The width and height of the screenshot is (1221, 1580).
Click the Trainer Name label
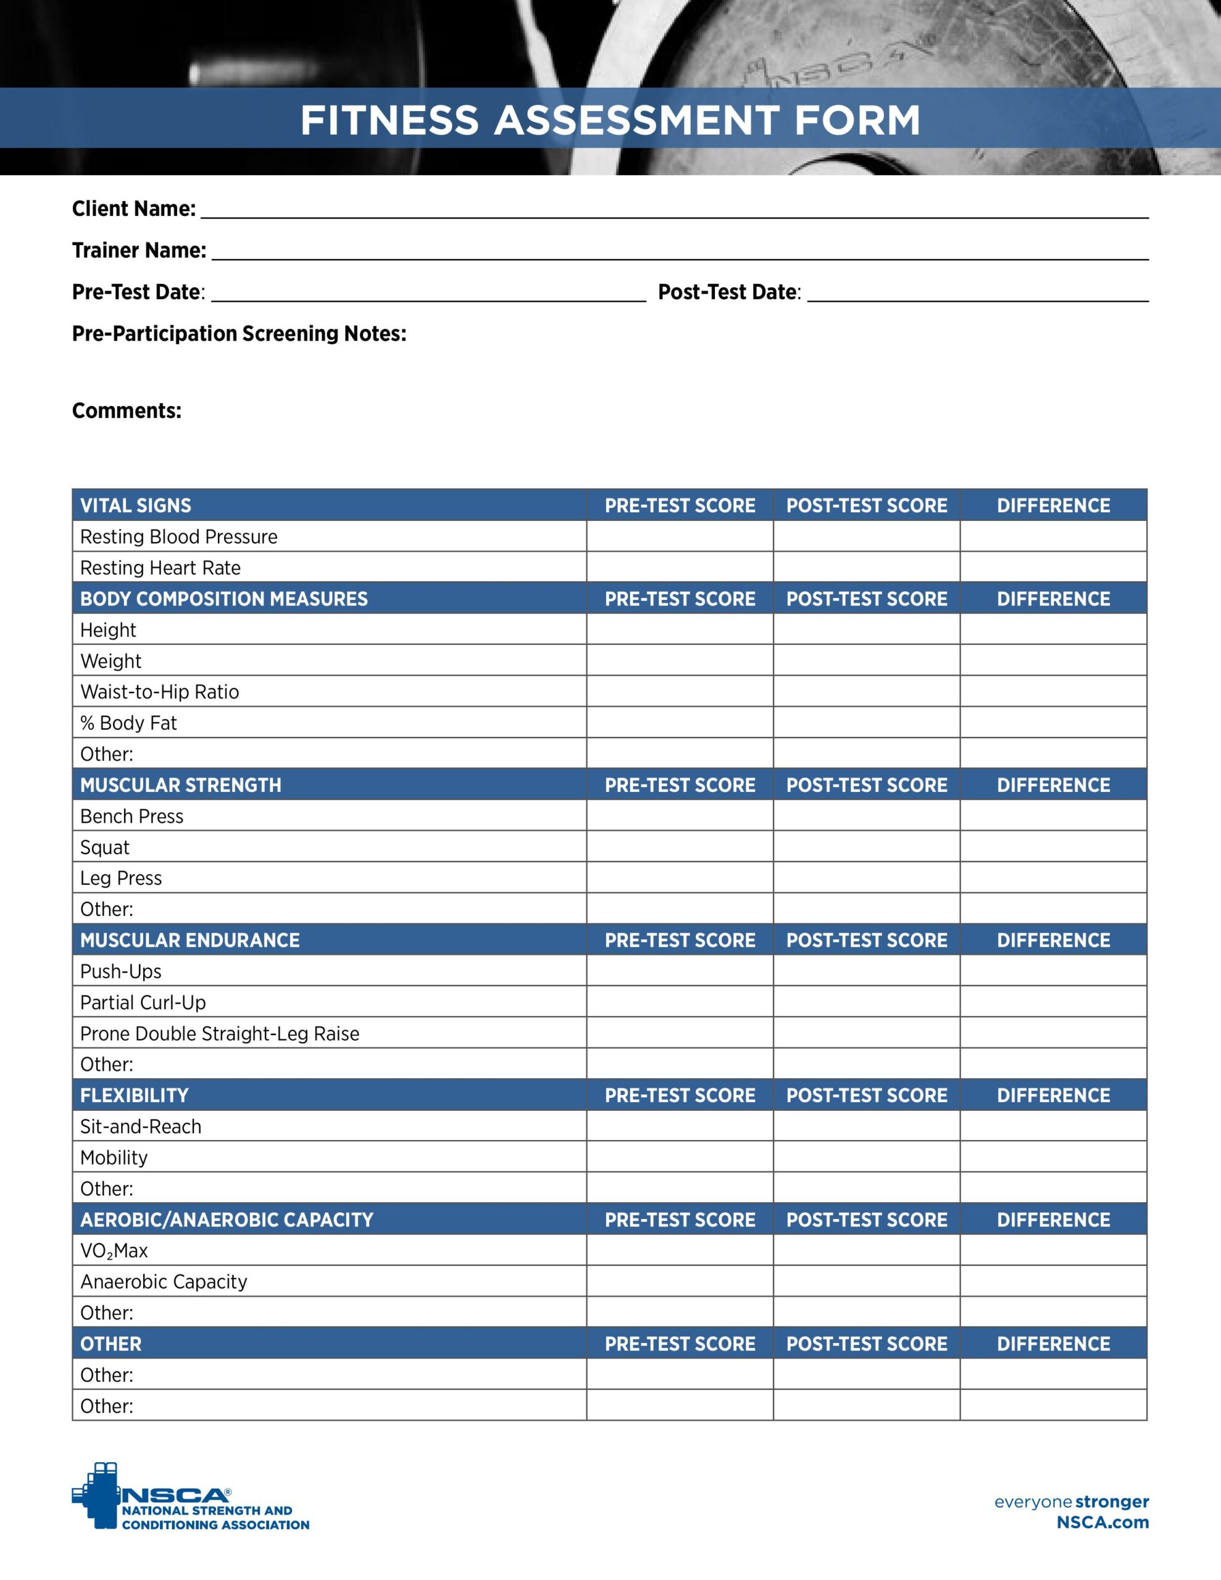click(139, 251)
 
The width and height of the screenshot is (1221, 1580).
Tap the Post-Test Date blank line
click(977, 294)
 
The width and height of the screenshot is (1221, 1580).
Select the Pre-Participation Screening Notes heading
click(239, 333)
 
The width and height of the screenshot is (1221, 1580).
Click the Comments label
click(127, 411)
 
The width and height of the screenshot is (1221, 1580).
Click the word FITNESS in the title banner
click(390, 120)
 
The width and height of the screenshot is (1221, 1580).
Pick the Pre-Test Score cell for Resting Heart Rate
click(679, 568)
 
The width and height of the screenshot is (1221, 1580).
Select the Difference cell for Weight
click(1053, 660)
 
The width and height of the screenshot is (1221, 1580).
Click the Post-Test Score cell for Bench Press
click(866, 816)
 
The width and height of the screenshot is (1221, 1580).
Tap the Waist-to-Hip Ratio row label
click(159, 692)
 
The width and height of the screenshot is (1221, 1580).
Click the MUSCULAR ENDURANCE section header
click(190, 941)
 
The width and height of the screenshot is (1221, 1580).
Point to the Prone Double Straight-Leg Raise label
click(219, 1034)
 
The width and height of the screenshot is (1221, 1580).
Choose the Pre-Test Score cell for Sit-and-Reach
click(679, 1126)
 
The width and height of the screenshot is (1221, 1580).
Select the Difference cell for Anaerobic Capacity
click(1053, 1282)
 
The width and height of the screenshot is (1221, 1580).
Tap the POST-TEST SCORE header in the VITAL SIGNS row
click(866, 505)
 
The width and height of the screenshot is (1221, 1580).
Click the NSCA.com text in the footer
click(1102, 1522)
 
